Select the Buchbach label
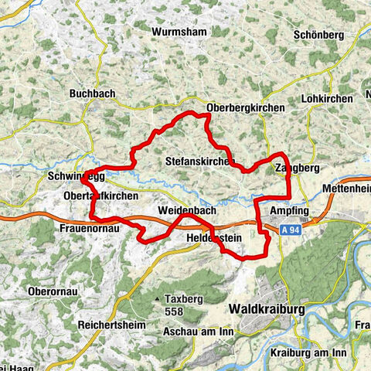(x=92, y=94)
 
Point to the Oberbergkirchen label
(x=247, y=108)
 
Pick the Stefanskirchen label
(x=199, y=161)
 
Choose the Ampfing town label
(x=290, y=211)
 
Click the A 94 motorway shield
(x=291, y=230)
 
